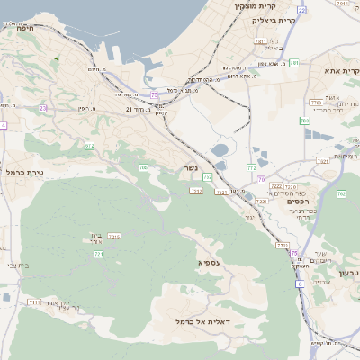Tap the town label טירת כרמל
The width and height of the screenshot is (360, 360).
24,172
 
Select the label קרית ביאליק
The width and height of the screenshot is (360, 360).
273,19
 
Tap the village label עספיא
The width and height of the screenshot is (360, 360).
210,262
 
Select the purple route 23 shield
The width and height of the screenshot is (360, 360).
42,108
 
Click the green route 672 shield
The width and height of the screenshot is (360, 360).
89,145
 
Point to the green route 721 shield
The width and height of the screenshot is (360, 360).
99,255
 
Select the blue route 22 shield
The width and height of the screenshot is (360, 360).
301,10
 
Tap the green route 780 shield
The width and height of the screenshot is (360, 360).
304,121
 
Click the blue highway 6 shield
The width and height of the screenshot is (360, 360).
300,283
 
